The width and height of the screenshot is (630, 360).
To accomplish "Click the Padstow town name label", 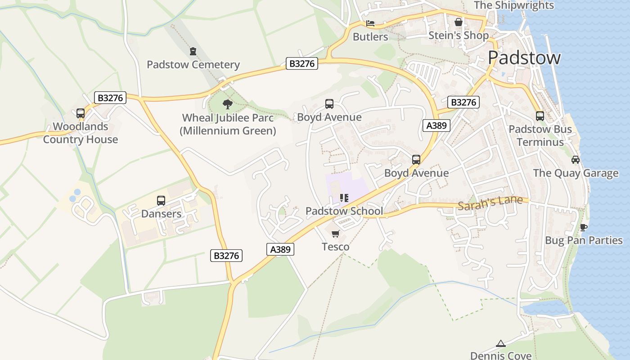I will (x=524, y=58).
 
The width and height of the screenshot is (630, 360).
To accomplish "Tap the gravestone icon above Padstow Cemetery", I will (x=193, y=51).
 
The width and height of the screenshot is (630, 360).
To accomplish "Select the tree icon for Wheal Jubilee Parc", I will (x=228, y=104).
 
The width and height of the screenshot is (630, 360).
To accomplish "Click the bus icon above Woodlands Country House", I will (x=81, y=113).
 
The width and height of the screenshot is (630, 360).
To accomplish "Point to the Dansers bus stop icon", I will (x=161, y=201).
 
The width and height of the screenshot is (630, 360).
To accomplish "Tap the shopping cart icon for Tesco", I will (x=335, y=234).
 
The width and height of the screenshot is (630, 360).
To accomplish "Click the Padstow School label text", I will (x=344, y=211).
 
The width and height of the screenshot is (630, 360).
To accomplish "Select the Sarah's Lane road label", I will (x=490, y=202).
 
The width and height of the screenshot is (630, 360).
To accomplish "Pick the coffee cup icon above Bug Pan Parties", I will (x=584, y=227).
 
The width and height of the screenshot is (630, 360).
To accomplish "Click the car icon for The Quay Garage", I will (x=576, y=160).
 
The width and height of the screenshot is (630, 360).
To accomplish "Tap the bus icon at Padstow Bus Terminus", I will (x=540, y=116).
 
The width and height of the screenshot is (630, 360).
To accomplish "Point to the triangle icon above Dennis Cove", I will (x=500, y=344).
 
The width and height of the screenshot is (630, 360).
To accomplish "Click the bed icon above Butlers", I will (x=370, y=23).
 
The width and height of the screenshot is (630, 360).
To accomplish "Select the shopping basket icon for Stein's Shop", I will (x=459, y=22).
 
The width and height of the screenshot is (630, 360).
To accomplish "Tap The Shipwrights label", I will (x=514, y=5).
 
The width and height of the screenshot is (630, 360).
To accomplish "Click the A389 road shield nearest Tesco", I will (x=280, y=249).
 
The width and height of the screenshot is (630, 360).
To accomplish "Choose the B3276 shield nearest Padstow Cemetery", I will (x=302, y=63).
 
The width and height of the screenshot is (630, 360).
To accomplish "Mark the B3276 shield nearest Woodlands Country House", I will (x=110, y=98).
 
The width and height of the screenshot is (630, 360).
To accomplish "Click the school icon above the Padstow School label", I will (x=344, y=198).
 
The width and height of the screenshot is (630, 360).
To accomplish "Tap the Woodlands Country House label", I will (x=81, y=133).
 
